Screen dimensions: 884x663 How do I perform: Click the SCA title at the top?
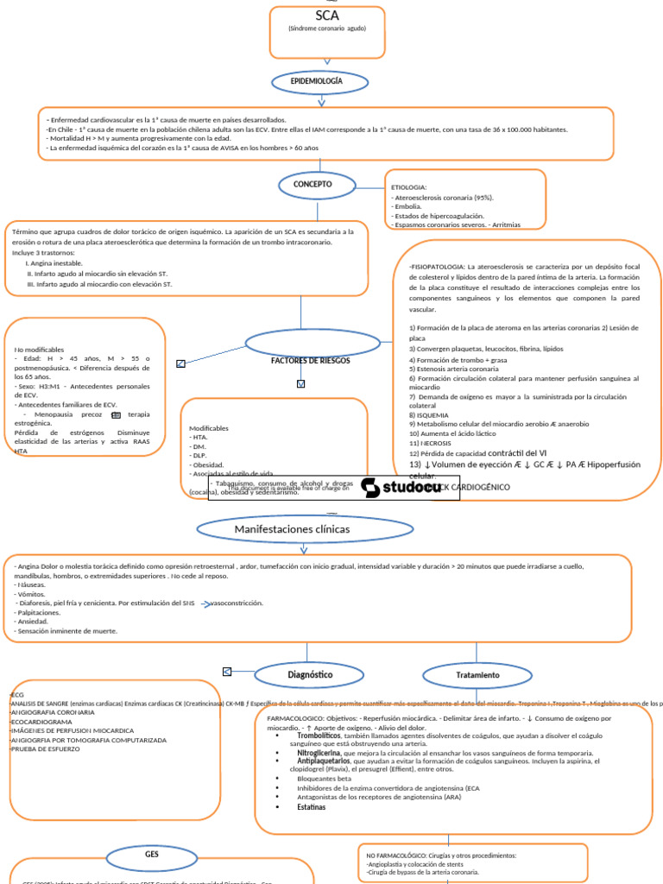pos(326,16)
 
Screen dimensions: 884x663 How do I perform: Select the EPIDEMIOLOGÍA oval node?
pos(322,81)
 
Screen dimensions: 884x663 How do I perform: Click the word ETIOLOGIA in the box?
pos(409,186)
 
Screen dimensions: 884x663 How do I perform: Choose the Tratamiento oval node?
pos(477,674)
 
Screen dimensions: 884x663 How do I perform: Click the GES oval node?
pos(152,853)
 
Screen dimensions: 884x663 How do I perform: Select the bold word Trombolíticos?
pos(319,736)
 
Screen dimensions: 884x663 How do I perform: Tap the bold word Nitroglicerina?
pos(319,753)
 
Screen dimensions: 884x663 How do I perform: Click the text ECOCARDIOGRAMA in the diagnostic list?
pos(42,721)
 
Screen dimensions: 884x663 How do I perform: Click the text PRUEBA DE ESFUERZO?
pos(46,749)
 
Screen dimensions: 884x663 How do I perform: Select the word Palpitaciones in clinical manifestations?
pos(37,612)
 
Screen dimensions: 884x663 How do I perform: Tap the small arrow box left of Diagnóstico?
pos(227,672)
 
